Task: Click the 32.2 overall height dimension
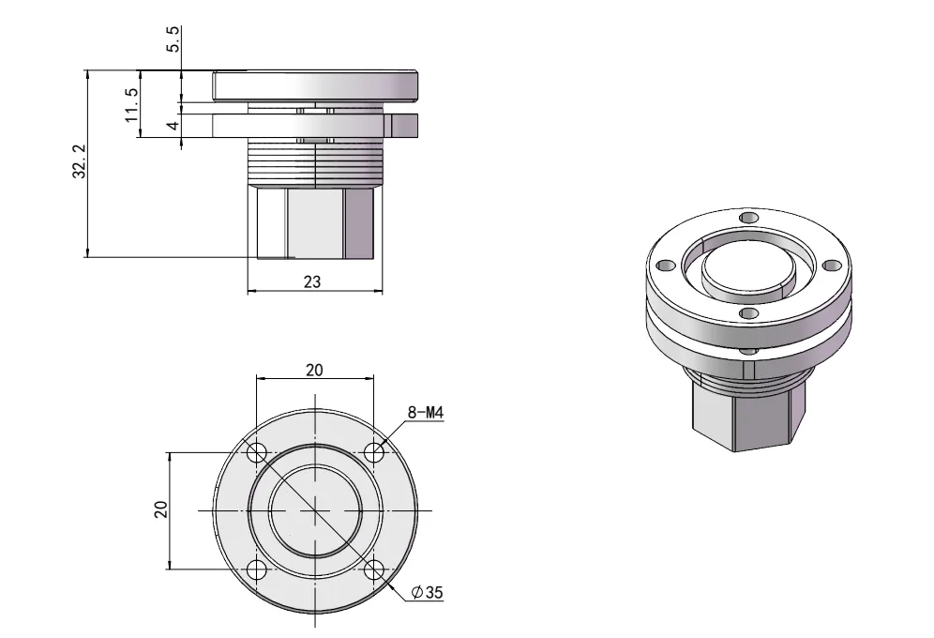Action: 80,162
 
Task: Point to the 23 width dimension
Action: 313,281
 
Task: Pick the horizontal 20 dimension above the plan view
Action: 314,369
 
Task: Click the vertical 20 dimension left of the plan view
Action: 160,509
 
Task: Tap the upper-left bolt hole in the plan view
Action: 256,452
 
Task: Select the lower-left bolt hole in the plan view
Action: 256,570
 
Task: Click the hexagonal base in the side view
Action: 315,223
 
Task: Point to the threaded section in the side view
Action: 315,163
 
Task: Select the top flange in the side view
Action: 315,86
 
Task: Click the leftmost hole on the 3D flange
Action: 664,266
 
